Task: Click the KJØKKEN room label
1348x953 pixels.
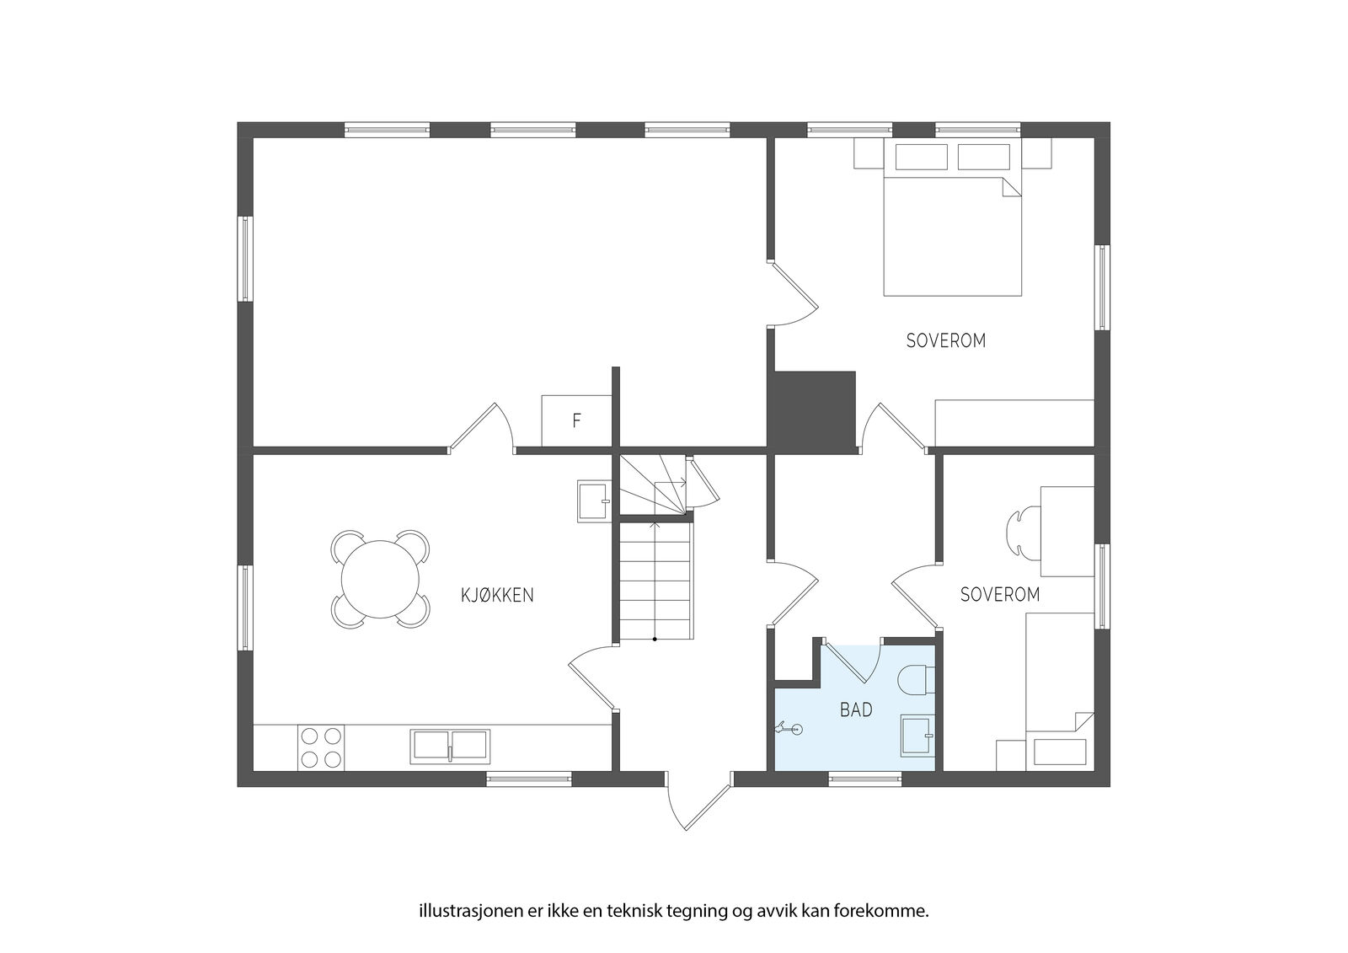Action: [497, 596]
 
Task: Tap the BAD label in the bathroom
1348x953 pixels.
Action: [856, 709]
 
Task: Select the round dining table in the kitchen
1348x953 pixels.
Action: [380, 579]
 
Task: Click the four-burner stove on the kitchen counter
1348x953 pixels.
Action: [321, 747]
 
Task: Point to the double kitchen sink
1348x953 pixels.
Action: [450, 747]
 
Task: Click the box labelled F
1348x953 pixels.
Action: [576, 420]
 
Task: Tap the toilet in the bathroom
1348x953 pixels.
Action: [917, 680]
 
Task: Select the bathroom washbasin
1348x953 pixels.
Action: [917, 735]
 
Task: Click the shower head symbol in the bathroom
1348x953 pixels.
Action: [789, 729]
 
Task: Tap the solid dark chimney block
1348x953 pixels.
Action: [811, 412]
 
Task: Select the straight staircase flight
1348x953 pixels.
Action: [655, 581]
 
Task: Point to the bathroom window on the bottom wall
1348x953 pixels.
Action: [864, 779]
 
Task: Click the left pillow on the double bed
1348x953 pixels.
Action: [922, 157]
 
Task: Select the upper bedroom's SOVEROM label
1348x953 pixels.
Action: [946, 340]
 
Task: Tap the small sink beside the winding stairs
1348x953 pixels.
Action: [594, 501]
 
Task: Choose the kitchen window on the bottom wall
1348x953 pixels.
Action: [529, 779]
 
